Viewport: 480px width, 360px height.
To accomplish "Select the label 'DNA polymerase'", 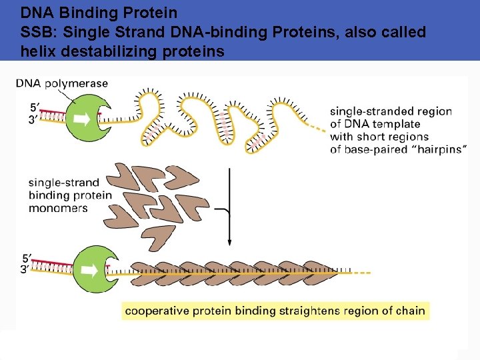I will pyautogui.click(x=61, y=83).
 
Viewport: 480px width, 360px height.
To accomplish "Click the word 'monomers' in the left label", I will pyautogui.click(x=58, y=208).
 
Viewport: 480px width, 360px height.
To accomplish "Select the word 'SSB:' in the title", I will pyautogui.click(x=37, y=32).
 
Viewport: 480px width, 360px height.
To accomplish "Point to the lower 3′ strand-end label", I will pyautogui.click(x=25, y=269).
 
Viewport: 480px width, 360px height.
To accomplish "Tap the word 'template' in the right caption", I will pyautogui.click(x=397, y=124).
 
